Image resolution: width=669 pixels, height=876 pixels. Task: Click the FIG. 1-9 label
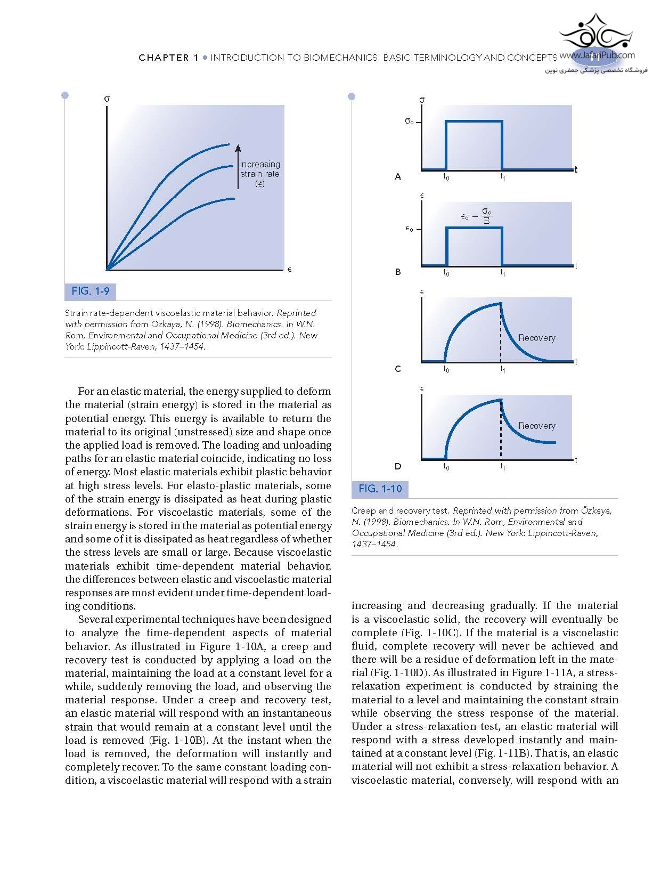coord(91,291)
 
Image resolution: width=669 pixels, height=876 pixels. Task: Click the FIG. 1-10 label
coord(380,489)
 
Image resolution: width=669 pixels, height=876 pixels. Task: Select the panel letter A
coord(397,176)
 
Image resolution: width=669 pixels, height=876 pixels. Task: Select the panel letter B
coord(397,272)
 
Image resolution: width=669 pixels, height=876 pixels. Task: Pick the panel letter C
coord(397,369)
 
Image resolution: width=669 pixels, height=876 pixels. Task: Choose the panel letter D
coord(397,466)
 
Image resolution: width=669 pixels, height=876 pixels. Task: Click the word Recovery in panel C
coord(536,338)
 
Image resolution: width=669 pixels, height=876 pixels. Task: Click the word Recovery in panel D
coord(536,426)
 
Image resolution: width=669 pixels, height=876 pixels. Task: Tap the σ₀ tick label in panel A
coord(409,121)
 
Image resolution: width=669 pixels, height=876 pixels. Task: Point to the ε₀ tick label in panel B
coord(409,229)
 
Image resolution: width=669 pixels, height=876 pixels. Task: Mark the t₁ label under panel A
coord(502,177)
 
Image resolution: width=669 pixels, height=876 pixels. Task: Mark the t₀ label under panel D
coord(446,467)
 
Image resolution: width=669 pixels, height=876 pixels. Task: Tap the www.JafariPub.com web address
coord(597,55)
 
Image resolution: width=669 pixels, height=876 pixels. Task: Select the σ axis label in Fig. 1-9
coord(107,99)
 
